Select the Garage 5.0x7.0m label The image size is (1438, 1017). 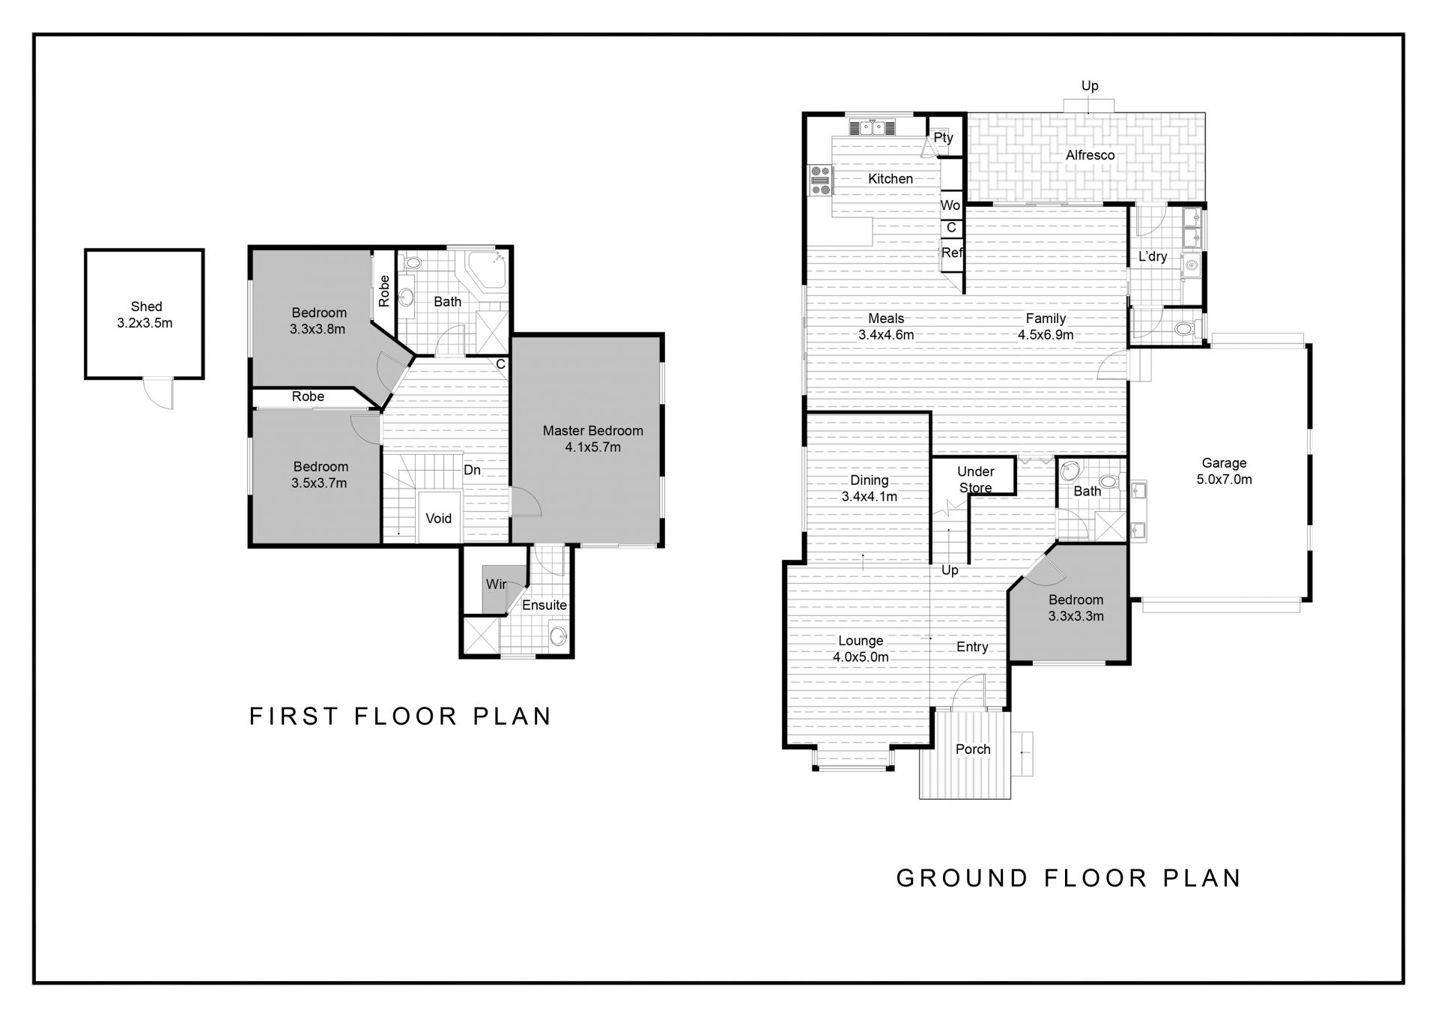pos(1224,471)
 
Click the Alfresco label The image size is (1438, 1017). pos(1090,155)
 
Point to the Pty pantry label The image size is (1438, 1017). pos(944,138)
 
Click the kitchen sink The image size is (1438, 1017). pos(872,127)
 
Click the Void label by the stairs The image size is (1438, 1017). pos(438,519)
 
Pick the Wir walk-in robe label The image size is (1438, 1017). pos(496,584)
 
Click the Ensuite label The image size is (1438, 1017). pos(544,605)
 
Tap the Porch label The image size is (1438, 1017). pos(973,749)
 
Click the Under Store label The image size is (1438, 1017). pos(976,480)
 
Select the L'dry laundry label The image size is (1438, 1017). pos(1153,257)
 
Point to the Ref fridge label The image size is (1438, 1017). pos(952,253)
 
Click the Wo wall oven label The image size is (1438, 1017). pos(950,205)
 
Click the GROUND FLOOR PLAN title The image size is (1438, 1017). pos(1069,878)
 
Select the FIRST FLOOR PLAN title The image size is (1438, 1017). pos(400,716)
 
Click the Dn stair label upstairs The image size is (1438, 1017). pos(472,470)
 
